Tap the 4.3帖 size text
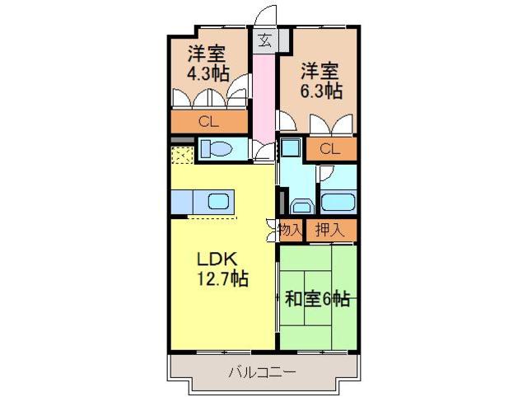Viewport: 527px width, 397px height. coord(208,72)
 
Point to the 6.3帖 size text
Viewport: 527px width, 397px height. coord(320,91)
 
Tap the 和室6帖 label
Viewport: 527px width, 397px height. coord(317,299)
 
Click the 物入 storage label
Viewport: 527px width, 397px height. coord(290,230)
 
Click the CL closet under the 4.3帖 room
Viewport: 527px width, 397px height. coord(208,122)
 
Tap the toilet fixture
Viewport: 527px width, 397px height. coord(217,149)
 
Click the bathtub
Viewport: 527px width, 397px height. coord(336,202)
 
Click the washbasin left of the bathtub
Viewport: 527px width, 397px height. coord(299,205)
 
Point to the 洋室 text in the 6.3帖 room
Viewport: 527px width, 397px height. coord(317,70)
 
